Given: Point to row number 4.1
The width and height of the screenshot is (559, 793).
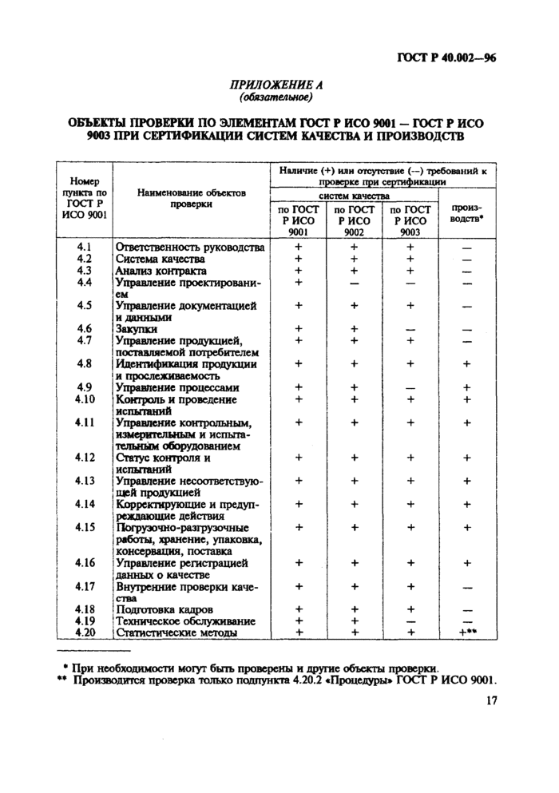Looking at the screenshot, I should [85, 247].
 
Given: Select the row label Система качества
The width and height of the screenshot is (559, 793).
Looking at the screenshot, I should [161, 259].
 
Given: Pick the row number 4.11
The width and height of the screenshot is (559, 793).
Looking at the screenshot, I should [85, 422].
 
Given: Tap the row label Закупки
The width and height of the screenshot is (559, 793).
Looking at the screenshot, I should [137, 328].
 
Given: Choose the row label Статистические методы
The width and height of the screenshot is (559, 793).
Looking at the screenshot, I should [176, 632].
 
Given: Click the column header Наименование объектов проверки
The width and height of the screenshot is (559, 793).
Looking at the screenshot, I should [191, 198].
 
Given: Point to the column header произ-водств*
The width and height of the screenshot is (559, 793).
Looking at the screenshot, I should [466, 212].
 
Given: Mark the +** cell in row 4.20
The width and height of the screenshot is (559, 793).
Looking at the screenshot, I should [466, 632].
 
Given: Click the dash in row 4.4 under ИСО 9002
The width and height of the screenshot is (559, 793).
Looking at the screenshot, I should [354, 283].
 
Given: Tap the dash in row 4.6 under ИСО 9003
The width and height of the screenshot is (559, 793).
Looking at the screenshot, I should [410, 329].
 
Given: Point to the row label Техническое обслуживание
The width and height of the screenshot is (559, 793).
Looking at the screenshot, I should [185, 621].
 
